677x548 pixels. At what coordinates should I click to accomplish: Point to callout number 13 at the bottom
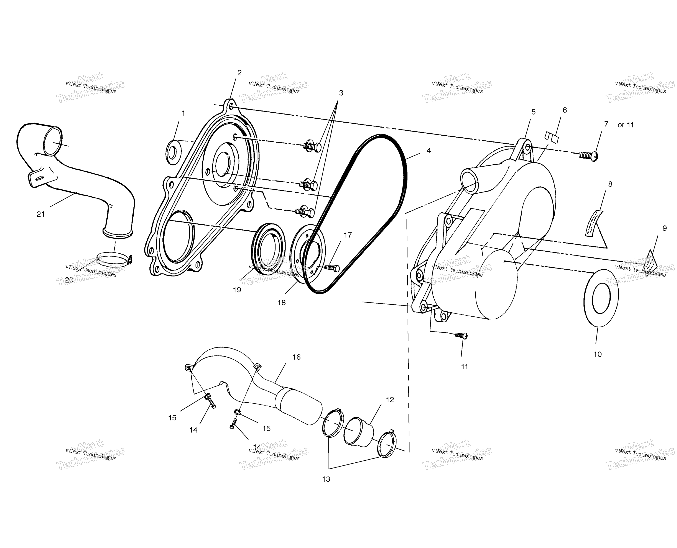pyautogui.click(x=326, y=479)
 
